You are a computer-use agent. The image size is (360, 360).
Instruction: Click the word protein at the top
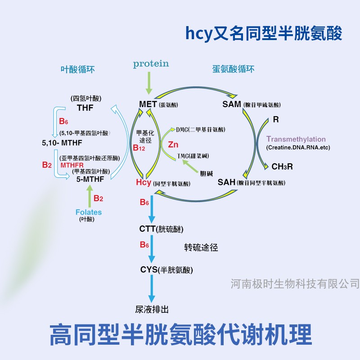pos(151,63)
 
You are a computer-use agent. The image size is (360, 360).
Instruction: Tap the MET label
pos(148,104)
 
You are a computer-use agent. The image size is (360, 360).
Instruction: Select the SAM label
pos(232,104)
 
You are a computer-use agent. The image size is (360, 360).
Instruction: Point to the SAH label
pos(226,182)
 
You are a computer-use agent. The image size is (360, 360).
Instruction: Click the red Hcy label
pos(143,183)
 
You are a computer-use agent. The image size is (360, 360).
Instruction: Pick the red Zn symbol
pos(173,144)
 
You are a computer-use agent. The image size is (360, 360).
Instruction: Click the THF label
pos(85,108)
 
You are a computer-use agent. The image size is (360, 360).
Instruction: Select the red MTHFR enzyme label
pos(72,165)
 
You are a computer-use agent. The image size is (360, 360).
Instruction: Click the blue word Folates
pos(89,212)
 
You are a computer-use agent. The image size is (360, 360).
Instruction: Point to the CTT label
pos(148,229)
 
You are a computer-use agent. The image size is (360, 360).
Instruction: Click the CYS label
pos(148,270)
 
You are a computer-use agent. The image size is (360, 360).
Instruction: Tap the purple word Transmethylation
pos(296,139)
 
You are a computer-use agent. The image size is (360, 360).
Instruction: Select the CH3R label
pos(282,166)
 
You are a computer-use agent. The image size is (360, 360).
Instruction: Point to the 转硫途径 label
pos(201,247)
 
